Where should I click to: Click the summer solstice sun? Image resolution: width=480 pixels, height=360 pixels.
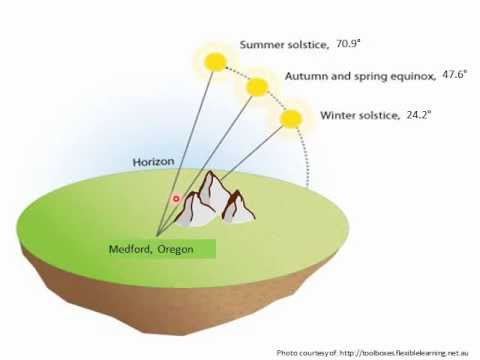(214, 62)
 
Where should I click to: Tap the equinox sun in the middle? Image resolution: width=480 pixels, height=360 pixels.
(257, 86)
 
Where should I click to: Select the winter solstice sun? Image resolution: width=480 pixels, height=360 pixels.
(290, 119)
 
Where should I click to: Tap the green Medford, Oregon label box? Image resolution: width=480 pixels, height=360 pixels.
(159, 249)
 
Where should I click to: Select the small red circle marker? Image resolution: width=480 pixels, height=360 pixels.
(176, 198)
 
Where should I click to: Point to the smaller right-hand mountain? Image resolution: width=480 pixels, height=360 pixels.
(238, 205)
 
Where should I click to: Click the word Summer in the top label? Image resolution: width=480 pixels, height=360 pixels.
(263, 45)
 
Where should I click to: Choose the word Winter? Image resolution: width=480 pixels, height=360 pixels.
(339, 115)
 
